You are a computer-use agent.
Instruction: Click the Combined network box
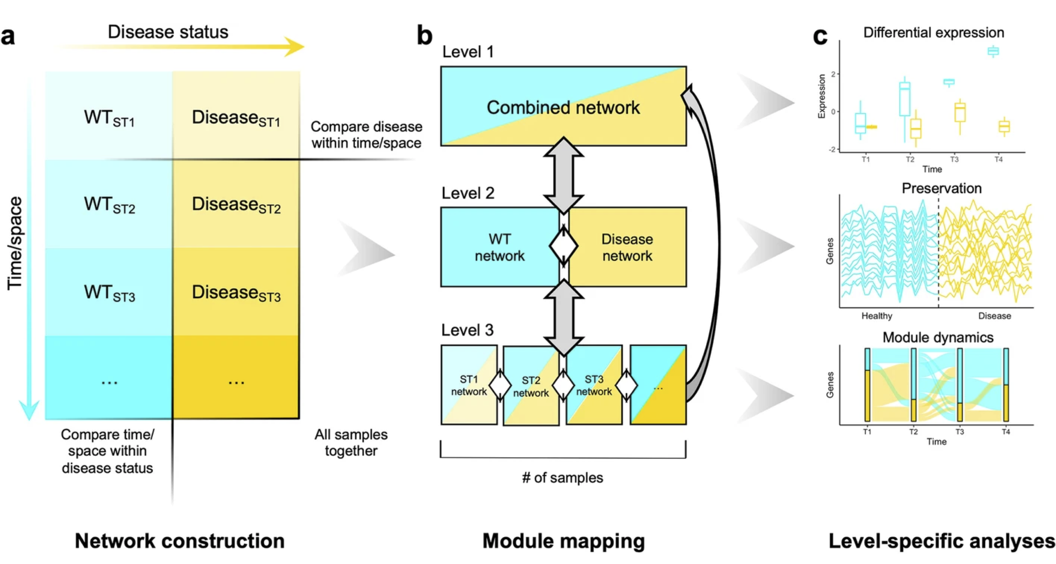(x=563, y=107)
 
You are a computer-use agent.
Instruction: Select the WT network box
(x=499, y=247)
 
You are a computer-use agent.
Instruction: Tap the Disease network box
(x=627, y=247)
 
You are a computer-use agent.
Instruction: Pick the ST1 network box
(x=469, y=385)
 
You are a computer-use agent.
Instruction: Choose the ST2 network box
(x=531, y=386)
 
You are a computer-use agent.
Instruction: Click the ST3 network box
(x=594, y=385)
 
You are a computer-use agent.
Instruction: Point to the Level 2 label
(x=468, y=193)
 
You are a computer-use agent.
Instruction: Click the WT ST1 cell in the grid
(x=109, y=117)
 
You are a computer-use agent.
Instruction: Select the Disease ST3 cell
(x=236, y=292)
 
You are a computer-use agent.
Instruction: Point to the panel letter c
(x=820, y=36)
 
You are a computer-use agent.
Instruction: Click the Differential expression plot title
(x=933, y=32)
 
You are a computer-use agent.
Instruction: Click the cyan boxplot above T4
(x=993, y=51)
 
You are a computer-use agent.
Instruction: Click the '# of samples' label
(x=563, y=478)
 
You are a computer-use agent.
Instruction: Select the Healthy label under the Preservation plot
(x=876, y=316)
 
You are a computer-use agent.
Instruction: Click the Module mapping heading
(x=563, y=541)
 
